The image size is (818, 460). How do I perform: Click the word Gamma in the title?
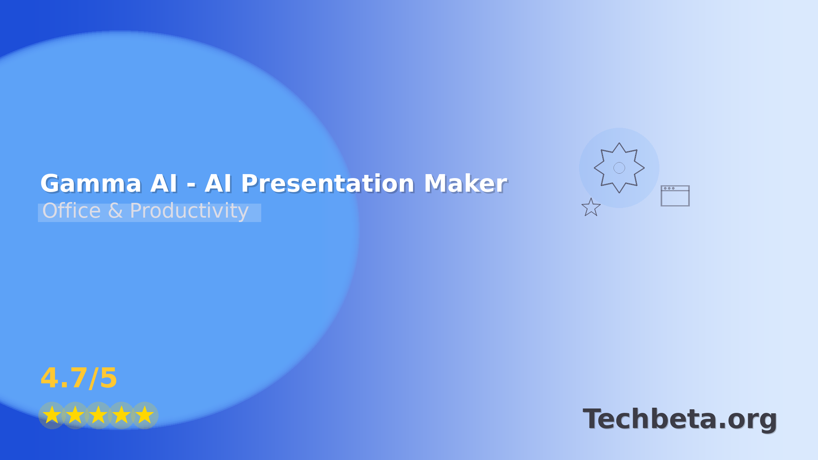[91, 184]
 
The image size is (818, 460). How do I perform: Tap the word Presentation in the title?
[328, 184]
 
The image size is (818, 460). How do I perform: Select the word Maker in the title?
[465, 184]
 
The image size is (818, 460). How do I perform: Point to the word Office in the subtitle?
[71, 211]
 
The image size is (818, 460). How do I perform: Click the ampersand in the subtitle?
[115, 211]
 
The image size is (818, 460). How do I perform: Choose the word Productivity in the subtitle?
[189, 211]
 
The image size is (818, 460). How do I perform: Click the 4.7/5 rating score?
[79, 378]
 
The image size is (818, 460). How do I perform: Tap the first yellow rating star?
[52, 415]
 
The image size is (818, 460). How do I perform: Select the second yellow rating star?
[75, 415]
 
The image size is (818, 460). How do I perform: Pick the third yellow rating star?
[98, 415]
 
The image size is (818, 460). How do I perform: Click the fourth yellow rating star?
[121, 415]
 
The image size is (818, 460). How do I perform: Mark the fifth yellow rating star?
[145, 415]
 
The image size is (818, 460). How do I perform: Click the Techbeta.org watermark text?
[680, 419]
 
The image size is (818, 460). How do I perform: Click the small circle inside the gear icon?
[619, 168]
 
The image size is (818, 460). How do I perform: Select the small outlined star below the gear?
[591, 208]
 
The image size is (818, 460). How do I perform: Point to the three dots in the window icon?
[669, 188]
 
